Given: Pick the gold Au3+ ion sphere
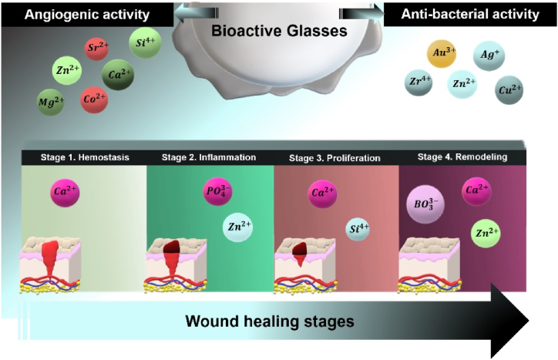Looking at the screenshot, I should pos(441,53).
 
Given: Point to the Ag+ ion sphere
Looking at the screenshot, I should pos(487,56).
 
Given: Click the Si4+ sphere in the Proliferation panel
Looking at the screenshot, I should pos(358,229).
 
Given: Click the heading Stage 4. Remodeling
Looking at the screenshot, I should pos(462,158).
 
